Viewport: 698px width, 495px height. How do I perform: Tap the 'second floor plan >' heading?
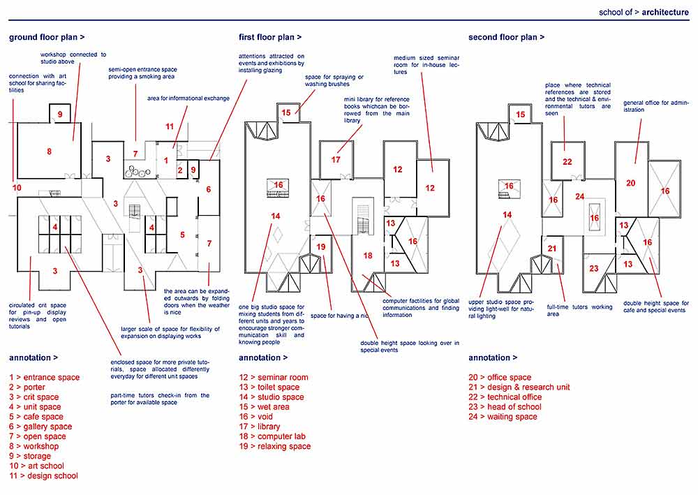pos(506,37)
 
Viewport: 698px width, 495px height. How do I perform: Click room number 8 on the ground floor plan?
pos(49,151)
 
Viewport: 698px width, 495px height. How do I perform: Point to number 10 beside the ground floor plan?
pos(17,187)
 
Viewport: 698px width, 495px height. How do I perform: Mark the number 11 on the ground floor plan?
pos(169,126)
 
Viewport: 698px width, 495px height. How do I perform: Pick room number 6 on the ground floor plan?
pos(208,189)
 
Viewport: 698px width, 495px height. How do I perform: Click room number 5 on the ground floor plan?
pos(182,235)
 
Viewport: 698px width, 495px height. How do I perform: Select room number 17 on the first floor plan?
pos(336,159)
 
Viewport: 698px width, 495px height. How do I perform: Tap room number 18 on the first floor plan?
pos(368,256)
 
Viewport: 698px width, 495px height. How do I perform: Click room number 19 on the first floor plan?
pos(321,246)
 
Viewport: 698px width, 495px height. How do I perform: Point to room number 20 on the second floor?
pos(630,183)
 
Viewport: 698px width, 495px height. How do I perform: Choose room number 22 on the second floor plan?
pos(567,162)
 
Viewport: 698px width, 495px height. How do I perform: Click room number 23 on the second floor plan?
pos(594,269)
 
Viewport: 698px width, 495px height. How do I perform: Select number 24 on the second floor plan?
pos(579,197)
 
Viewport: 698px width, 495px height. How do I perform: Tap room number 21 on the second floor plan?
pos(551,249)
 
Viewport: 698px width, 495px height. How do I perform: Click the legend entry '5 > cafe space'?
pos(36,417)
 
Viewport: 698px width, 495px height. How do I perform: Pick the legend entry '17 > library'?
pos(259,427)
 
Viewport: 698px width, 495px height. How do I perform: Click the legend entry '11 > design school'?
pos(43,475)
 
